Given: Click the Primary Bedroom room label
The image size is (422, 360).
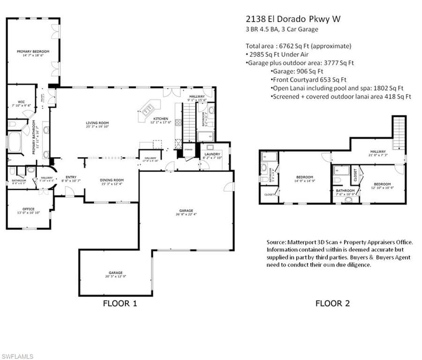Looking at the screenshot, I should [33, 52].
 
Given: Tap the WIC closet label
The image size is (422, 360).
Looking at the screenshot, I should [21, 101].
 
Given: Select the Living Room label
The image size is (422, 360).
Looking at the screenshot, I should [97, 123].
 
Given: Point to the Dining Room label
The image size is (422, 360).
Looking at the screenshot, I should [112, 180].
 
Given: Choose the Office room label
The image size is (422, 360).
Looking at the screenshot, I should [28, 209].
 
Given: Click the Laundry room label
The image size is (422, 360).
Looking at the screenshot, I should [212, 154].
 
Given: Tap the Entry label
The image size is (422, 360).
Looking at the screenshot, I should [71, 177].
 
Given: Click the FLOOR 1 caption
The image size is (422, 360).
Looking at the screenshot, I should [120, 303].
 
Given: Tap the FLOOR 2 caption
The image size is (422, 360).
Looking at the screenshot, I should [332, 303].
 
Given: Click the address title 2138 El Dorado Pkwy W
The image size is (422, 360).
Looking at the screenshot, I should [293, 19].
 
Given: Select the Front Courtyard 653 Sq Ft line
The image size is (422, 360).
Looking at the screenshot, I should [309, 80].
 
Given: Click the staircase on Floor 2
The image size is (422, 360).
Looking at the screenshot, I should [399, 132].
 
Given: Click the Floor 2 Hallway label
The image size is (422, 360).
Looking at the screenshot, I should [378, 151].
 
